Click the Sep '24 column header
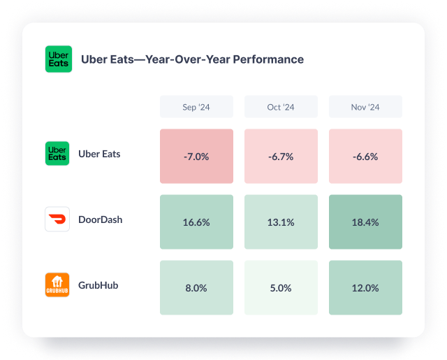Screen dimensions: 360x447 (196, 107)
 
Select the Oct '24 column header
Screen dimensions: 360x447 (281, 107)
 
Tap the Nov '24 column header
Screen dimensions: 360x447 (365, 107)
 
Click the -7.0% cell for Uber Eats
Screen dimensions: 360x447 (196, 157)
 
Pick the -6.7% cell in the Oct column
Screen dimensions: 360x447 (281, 157)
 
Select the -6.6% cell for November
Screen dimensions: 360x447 (365, 157)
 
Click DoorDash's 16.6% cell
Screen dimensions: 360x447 (196, 222)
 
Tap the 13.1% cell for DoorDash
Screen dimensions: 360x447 (281, 222)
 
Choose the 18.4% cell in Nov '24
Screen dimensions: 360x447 (365, 222)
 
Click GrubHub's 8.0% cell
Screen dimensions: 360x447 (196, 287)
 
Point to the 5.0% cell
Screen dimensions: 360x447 (281, 287)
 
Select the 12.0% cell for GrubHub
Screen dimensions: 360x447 (365, 287)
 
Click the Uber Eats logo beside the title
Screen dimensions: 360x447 (58, 59)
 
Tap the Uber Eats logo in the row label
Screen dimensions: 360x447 (57, 154)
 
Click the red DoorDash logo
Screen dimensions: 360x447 (57, 219)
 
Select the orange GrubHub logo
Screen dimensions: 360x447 (57, 285)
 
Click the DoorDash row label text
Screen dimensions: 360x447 (100, 219)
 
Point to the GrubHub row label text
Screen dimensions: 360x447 (98, 285)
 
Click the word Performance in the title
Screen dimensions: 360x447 (270, 59)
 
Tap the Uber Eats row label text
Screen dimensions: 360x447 (99, 154)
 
